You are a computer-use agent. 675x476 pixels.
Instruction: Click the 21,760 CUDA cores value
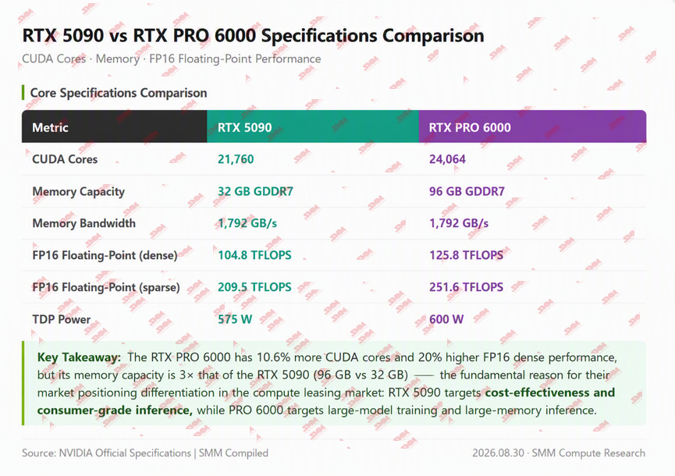point(236,159)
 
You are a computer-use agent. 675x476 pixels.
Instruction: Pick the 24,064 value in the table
point(447,159)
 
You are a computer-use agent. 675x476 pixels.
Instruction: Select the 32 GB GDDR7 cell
point(255,191)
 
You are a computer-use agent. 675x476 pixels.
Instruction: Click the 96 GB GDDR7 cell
point(467,191)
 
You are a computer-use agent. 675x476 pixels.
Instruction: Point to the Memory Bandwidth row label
point(84,223)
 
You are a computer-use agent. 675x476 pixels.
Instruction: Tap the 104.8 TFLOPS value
point(254,255)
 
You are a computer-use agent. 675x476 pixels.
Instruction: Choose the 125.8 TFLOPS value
point(466,255)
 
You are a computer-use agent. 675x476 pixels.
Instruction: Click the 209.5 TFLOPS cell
point(254,287)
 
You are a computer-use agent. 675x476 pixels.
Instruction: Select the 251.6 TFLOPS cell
point(466,287)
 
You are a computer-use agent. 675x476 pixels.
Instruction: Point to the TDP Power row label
point(62,319)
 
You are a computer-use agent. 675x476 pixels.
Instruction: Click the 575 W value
point(235,319)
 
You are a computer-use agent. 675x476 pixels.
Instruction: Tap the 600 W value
point(446,319)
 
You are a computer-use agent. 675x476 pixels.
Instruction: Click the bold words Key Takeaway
point(79,357)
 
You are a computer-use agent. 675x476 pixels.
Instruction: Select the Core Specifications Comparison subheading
point(119,93)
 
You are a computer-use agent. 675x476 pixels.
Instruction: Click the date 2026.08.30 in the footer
point(498,453)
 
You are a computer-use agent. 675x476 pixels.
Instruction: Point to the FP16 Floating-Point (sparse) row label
point(106,287)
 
